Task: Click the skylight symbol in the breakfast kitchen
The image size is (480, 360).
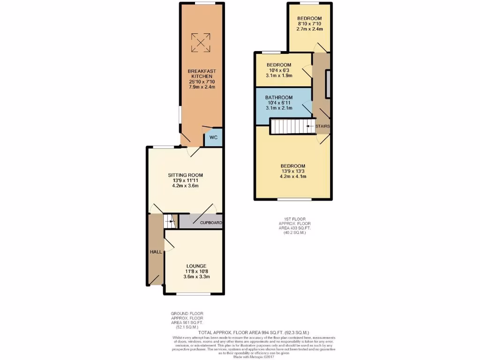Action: (x=201, y=42)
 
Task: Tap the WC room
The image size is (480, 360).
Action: (x=213, y=138)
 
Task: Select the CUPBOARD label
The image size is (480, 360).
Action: (x=210, y=223)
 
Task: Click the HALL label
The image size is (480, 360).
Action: (x=156, y=252)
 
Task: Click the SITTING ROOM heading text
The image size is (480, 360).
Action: (x=186, y=175)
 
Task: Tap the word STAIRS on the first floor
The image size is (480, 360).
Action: (x=322, y=127)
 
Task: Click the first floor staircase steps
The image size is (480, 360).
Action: (x=288, y=127)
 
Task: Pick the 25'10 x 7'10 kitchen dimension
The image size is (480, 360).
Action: (x=201, y=82)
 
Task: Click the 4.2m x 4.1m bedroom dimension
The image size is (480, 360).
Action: (x=293, y=177)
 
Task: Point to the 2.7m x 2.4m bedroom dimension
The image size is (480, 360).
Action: (x=309, y=29)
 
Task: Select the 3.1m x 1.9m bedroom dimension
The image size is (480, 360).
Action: (x=279, y=75)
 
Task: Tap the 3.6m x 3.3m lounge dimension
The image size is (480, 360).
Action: (x=196, y=277)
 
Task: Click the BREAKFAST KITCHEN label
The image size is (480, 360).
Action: (x=201, y=74)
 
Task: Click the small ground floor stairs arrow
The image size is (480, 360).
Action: (x=169, y=220)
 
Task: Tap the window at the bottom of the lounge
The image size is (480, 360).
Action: (x=193, y=295)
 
